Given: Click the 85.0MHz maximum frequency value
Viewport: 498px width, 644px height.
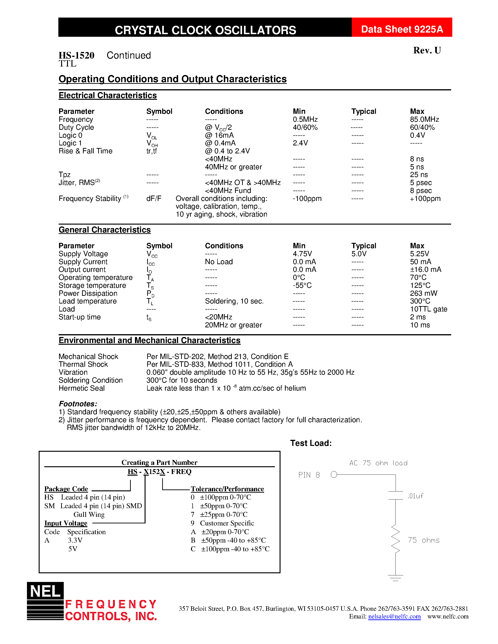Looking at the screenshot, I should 424,119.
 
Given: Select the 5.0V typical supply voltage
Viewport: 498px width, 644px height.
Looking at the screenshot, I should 359,254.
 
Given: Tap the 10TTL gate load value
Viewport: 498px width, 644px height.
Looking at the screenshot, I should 428,309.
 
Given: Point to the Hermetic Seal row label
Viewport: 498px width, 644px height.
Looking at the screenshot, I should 81,388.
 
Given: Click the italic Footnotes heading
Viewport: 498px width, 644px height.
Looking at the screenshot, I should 78,404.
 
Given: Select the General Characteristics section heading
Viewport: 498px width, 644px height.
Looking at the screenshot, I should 105,230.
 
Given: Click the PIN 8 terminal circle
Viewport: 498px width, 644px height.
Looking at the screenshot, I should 334,474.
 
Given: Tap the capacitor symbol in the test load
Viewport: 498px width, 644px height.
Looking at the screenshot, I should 395,495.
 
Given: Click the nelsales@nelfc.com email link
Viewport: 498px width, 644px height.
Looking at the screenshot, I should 394,616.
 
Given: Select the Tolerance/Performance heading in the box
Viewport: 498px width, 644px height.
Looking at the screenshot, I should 227,489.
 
